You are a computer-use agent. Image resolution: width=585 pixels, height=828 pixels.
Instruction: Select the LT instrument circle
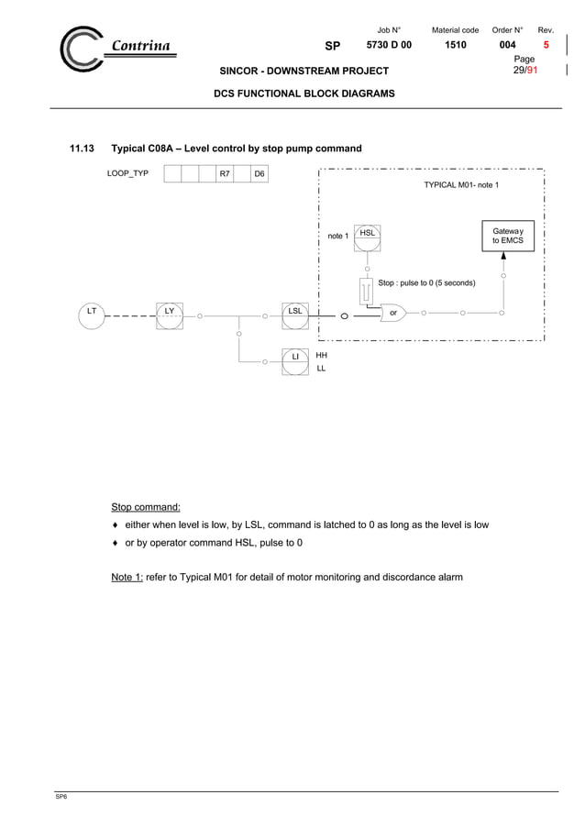pos(91,314)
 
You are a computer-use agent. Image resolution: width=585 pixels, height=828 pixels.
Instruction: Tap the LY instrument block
pos(169,314)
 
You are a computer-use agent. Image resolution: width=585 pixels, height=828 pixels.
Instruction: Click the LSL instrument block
pos(295,314)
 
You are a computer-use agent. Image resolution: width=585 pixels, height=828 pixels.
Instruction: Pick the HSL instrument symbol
pos(367,236)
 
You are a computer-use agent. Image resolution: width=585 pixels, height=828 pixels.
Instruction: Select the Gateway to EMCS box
pos(507,236)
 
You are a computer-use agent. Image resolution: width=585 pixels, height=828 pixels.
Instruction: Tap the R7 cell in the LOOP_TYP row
pos(224,173)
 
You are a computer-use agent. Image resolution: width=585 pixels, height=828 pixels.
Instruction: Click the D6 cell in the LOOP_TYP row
pos(259,173)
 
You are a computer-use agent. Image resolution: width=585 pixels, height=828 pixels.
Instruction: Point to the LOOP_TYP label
pos(127,173)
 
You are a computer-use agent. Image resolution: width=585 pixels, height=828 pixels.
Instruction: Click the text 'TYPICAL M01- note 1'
pos(461,185)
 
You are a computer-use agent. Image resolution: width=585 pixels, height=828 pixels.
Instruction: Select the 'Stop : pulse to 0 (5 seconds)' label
pos(426,283)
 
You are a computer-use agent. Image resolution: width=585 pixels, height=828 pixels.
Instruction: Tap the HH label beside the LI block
pos(321,354)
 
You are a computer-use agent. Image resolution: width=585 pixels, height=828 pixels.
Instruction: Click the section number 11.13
pos(83,149)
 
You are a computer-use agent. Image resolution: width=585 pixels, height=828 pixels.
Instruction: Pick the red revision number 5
pos(546,45)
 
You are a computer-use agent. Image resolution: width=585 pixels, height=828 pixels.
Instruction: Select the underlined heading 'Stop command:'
pos(146,507)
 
